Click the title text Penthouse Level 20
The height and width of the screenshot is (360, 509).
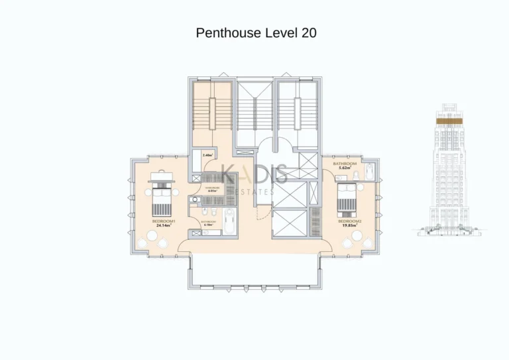[256, 32]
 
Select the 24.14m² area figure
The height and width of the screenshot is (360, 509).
[163, 226]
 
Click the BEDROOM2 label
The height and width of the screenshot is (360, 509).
[349, 221]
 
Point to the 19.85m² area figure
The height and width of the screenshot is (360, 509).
[349, 225]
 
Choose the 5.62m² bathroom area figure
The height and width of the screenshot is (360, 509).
[345, 168]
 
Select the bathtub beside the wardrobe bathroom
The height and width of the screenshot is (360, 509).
[229, 221]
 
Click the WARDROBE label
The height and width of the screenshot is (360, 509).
[211, 187]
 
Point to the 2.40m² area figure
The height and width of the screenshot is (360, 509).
[207, 155]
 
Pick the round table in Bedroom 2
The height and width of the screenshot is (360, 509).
[357, 235]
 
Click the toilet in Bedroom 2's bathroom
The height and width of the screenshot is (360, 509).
[356, 174]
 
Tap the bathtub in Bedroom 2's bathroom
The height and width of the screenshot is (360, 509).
[370, 172]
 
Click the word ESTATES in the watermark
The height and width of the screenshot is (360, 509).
[256, 192]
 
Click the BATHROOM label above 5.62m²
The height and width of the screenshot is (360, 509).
[345, 163]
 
